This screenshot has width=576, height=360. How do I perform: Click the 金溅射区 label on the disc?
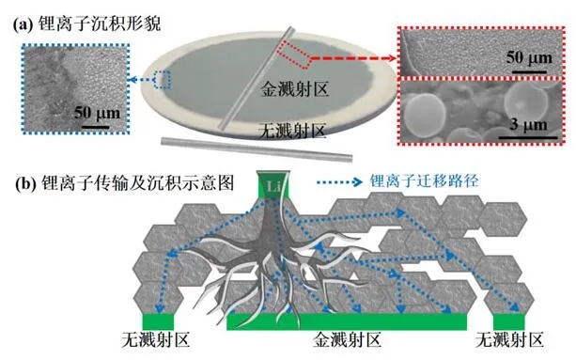click(x=293, y=92)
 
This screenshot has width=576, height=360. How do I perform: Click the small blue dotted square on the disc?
click(x=163, y=80)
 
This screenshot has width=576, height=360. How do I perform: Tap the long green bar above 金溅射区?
click(x=347, y=322)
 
